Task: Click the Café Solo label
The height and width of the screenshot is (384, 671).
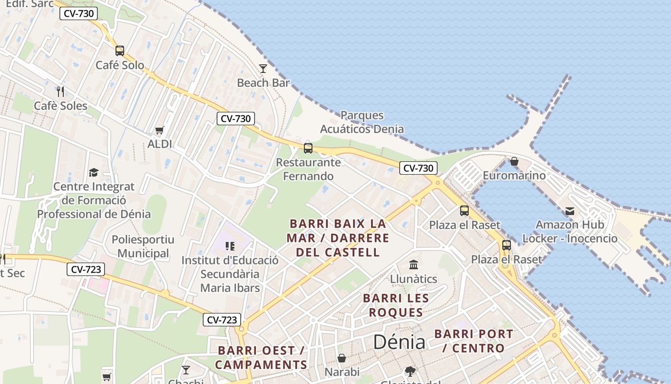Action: coord(120,65)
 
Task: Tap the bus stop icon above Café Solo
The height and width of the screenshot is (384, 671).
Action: coord(120,50)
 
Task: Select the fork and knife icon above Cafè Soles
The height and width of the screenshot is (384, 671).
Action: coord(60,91)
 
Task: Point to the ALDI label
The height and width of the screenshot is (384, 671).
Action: coord(160,144)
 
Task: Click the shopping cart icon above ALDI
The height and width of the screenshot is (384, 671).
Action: coord(160,130)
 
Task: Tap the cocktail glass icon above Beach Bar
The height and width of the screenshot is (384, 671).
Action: coord(263,69)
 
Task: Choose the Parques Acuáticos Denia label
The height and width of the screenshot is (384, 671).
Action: coord(362,122)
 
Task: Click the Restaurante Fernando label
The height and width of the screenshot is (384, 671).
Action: coord(308,169)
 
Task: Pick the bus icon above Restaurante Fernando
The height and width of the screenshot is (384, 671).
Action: coord(308,148)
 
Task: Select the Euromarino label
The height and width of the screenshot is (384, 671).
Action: coord(514,175)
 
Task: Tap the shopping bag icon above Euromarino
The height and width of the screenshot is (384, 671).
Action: coord(514,161)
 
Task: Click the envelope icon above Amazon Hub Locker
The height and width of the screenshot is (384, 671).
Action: coord(570,211)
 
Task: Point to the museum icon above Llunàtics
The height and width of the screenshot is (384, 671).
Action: coord(414,264)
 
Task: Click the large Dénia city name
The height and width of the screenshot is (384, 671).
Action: coord(399,342)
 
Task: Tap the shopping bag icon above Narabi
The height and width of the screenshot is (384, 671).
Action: coord(342,358)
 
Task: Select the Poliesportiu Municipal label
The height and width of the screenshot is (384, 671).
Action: coord(143,246)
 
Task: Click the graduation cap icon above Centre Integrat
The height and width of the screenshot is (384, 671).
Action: coord(93,172)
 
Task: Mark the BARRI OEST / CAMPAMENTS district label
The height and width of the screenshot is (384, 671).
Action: coord(261,358)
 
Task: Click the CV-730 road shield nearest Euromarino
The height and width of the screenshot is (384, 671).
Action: coord(418,168)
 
